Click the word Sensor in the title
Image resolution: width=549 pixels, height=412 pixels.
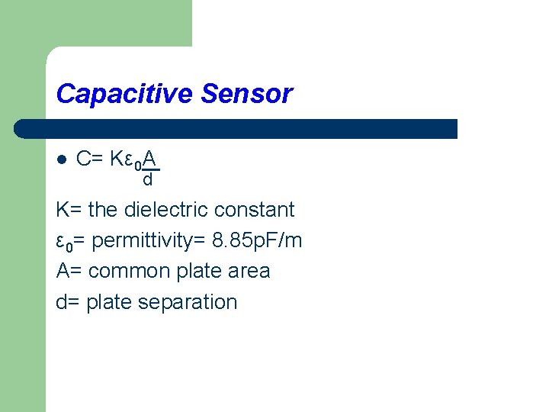[246, 94]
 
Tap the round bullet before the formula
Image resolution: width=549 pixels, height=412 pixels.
[62, 159]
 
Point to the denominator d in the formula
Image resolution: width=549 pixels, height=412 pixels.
[148, 180]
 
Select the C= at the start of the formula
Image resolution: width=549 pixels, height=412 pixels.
[91, 159]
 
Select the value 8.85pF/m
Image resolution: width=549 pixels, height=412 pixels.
[257, 240]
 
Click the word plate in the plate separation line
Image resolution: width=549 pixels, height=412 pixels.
[107, 301]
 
